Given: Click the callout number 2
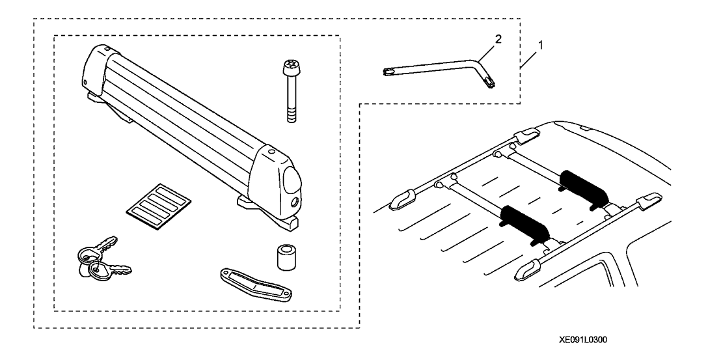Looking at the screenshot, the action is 497,40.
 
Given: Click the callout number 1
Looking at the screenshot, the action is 541,45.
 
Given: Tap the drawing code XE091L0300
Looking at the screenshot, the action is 582,340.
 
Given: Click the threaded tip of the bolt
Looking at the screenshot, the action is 291,115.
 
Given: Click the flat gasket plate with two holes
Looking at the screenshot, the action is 255,285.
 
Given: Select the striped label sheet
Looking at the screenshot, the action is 159,206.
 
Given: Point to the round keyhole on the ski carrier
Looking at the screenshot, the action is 294,202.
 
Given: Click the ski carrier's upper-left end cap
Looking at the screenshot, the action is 94,69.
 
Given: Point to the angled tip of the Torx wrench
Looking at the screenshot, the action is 489,81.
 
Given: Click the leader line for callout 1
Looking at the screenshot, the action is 530,59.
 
